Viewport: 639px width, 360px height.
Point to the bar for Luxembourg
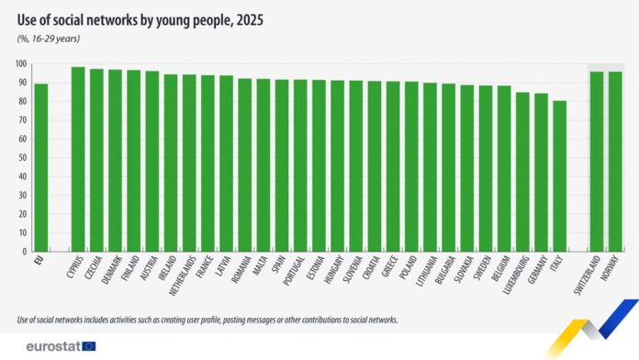point(522,171)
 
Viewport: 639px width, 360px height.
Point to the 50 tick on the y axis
point(21,158)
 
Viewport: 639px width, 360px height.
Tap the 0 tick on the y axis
point(23,252)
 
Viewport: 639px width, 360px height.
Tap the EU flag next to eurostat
point(88,346)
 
